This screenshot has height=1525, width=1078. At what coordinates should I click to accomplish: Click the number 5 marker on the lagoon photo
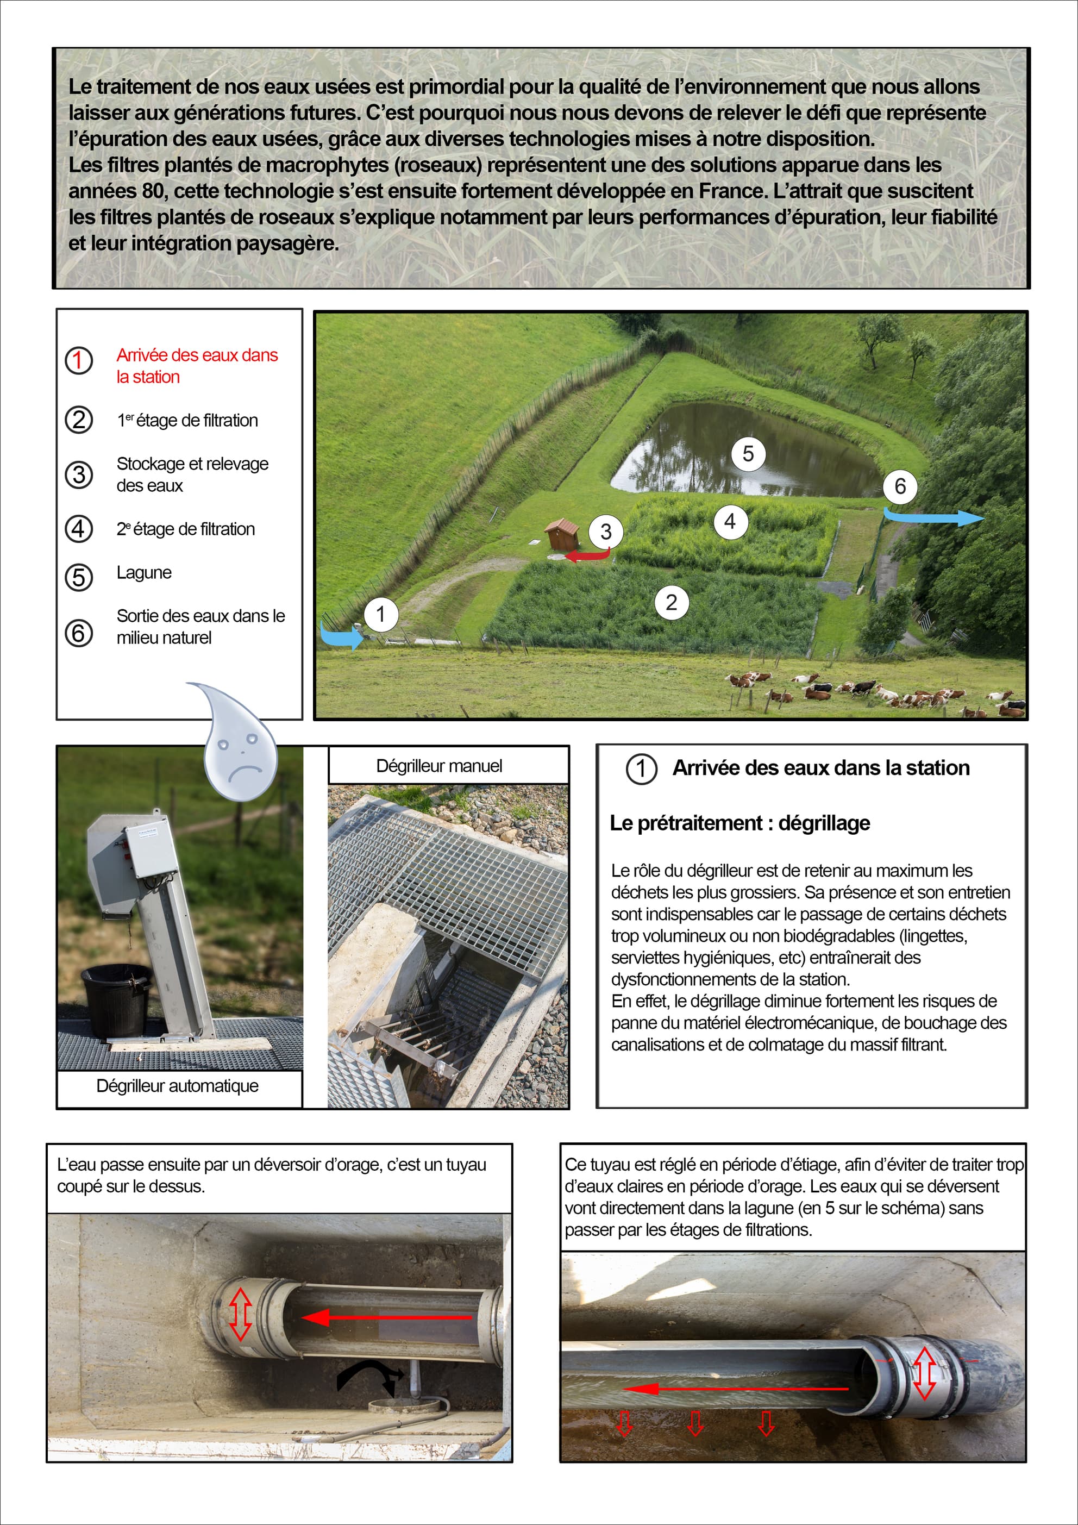pyautogui.click(x=748, y=454)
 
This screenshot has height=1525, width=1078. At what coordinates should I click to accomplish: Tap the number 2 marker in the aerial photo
pyautogui.click(x=672, y=602)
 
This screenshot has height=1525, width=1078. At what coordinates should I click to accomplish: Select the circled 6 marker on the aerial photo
pyautogui.click(x=900, y=486)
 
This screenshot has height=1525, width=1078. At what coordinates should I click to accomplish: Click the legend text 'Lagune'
pyautogui.click(x=144, y=572)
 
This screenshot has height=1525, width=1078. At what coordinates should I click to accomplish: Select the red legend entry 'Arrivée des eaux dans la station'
pyautogui.click(x=197, y=365)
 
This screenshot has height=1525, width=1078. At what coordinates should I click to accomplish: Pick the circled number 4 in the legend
pyautogui.click(x=78, y=529)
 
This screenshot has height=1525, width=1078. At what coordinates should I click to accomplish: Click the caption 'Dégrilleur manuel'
pyautogui.click(x=439, y=766)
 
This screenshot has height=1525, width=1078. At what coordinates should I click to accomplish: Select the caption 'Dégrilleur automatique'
pyautogui.click(x=177, y=1086)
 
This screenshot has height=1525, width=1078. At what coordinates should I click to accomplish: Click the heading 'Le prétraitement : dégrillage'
pyautogui.click(x=740, y=823)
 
